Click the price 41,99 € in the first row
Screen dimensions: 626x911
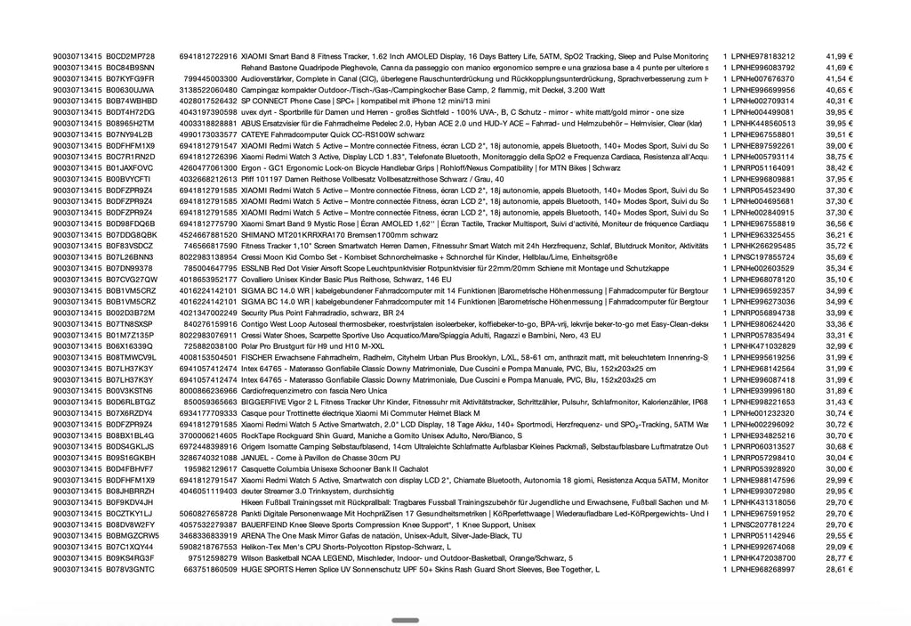839,56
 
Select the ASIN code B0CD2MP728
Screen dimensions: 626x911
130,56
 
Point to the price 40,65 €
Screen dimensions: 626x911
839,90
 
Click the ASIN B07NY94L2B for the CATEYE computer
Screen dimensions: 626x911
131,134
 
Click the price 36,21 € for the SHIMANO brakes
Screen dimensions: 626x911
839,234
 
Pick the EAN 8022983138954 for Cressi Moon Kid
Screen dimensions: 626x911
208,256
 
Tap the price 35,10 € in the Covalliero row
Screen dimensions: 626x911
839,279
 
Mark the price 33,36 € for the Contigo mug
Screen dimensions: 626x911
839,323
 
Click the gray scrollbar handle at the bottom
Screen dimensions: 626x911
405,620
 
